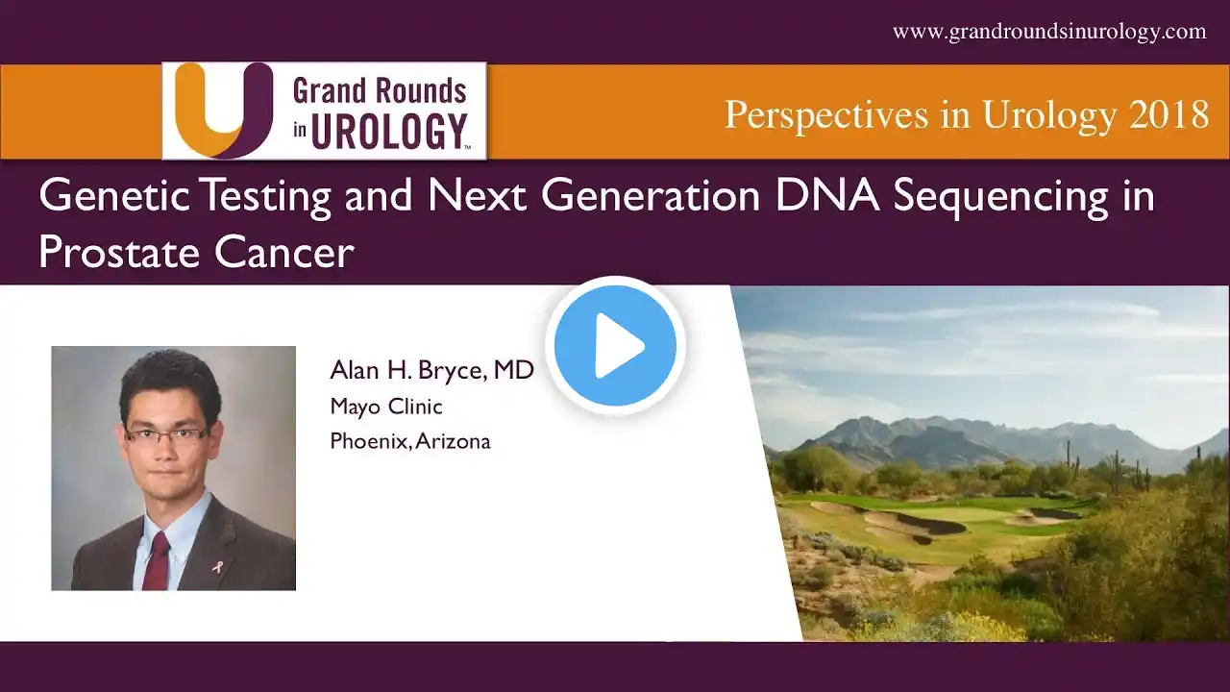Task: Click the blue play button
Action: pos(615,345)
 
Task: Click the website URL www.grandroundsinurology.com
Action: pos(1049,32)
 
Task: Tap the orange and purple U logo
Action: pos(224,110)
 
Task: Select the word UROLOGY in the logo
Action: pos(389,132)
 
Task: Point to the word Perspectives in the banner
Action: pos(827,116)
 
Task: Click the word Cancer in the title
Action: pos(283,253)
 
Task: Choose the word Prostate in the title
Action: pos(119,253)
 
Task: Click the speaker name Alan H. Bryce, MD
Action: pos(431,370)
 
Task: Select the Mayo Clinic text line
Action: pos(386,407)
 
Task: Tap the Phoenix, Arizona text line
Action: pos(410,441)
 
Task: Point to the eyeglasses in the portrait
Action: pos(166,436)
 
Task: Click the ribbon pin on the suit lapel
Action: pos(218,565)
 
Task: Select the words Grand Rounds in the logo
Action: pos(380,91)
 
